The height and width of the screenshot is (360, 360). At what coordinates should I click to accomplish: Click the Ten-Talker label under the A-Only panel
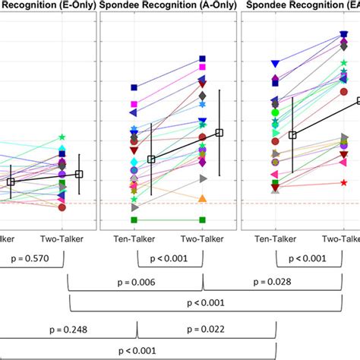tap(134, 238)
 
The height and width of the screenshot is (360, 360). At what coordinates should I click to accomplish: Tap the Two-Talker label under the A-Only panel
tap(202, 238)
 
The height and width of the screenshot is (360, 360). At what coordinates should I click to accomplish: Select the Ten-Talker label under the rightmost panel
tap(273, 238)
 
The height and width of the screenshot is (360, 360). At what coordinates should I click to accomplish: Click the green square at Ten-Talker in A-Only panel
tap(134, 220)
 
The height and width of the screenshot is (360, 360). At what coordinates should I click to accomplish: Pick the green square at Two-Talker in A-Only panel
tap(203, 220)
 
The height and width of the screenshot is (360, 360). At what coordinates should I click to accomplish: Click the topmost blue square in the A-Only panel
tap(203, 58)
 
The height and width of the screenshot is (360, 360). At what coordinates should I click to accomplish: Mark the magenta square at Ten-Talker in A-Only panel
tap(134, 104)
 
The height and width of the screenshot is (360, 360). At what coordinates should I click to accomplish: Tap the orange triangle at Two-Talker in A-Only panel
tap(203, 198)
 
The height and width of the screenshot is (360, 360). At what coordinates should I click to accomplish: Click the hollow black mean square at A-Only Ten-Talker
tap(151, 159)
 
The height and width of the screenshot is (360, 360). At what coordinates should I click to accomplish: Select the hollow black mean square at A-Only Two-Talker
tap(219, 133)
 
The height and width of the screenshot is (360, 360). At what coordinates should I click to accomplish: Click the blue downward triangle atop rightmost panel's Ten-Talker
tap(274, 64)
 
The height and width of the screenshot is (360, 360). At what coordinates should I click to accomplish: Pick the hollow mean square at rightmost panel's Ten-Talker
tap(292, 134)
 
